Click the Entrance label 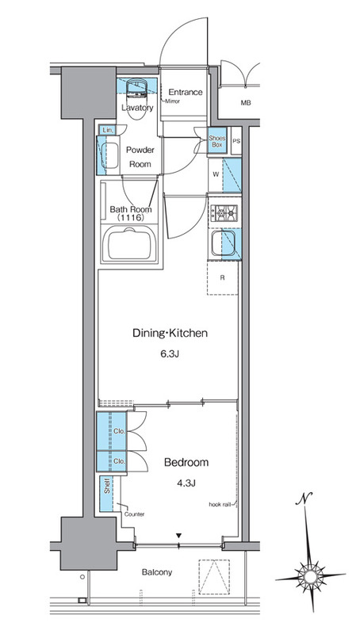[x=186, y=92]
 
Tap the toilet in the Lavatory [x=136, y=98]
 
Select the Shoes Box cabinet [x=217, y=141]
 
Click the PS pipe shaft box [x=236, y=141]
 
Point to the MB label [x=246, y=103]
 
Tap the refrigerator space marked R [x=223, y=278]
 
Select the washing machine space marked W [x=216, y=174]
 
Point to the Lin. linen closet [x=107, y=130]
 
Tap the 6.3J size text [x=170, y=354]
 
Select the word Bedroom [x=186, y=463]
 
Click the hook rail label [x=220, y=504]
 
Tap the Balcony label [x=157, y=572]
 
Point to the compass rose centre [x=310, y=576]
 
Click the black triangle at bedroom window [x=178, y=536]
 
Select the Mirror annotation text [x=172, y=101]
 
